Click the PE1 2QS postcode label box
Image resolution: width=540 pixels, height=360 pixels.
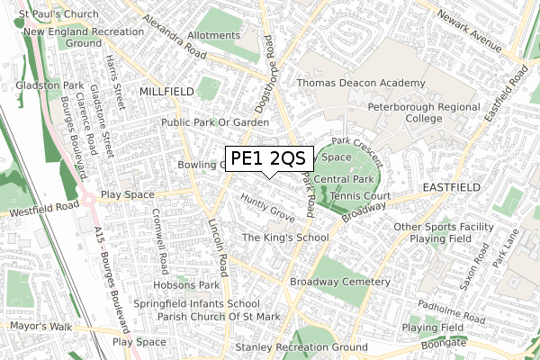(x=268, y=159)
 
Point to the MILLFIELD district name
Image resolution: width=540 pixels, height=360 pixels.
(x=166, y=92)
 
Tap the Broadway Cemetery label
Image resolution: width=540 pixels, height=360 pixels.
(x=337, y=282)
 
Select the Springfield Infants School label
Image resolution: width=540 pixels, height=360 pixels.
(x=196, y=303)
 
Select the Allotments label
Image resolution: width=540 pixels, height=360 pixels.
(x=213, y=36)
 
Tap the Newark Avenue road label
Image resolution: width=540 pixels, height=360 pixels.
(x=469, y=31)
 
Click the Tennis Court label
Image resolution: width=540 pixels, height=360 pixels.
(x=358, y=195)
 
